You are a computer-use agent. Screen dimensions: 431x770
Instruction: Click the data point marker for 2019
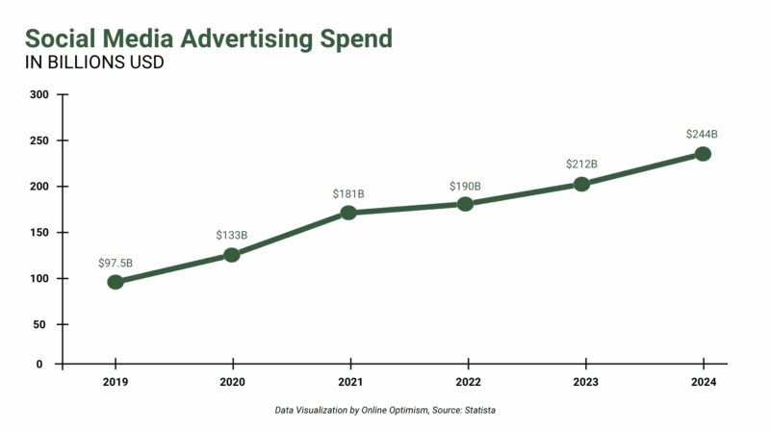115,282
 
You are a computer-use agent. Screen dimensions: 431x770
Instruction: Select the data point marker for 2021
348,212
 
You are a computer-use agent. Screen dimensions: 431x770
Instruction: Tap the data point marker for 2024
703,154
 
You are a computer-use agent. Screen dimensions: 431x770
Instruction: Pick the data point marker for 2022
466,204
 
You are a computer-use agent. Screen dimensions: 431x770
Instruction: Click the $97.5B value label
115,263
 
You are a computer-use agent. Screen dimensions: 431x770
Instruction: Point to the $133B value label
232,235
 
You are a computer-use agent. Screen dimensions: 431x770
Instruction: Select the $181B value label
348,193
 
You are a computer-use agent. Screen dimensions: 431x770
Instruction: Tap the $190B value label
465,186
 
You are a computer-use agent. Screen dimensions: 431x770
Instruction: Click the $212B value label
581,165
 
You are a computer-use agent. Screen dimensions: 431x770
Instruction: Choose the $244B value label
702,134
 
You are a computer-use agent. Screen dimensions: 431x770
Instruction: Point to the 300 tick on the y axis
39,94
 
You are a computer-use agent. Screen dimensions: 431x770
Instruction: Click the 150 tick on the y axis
39,233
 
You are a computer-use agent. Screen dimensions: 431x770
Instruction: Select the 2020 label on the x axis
232,381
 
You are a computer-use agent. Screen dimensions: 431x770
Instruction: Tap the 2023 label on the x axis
584,381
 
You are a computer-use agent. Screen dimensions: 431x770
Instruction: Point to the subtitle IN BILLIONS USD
93,63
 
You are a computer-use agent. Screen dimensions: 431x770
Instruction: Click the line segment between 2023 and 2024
642,169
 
